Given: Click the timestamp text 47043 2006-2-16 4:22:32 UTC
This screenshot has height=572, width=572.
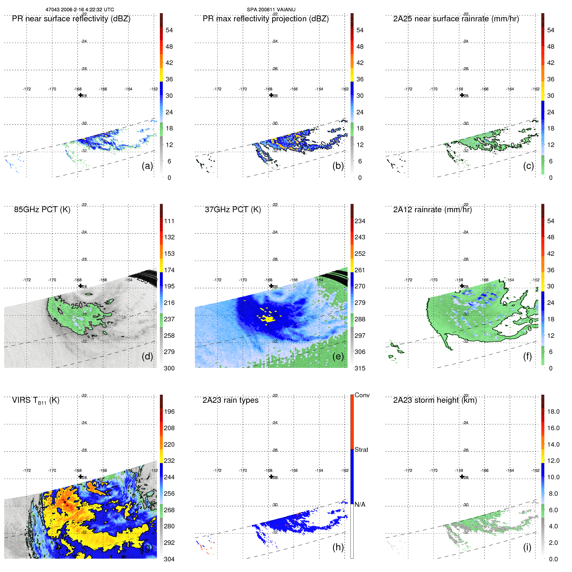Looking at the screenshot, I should (79, 10).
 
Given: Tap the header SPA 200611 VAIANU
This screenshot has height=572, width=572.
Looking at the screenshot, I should (271, 10).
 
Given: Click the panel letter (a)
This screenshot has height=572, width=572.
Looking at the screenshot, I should (147, 166).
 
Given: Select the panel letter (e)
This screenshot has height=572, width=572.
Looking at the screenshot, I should (338, 356).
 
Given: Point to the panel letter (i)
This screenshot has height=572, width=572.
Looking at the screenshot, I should (527, 547).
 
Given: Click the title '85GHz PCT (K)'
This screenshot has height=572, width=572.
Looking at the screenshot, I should (42, 210).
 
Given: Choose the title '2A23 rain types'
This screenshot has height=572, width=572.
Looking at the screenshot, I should (230, 400).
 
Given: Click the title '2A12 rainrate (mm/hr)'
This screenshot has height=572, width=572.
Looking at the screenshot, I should (432, 210).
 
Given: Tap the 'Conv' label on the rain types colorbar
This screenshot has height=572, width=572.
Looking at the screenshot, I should (362, 395).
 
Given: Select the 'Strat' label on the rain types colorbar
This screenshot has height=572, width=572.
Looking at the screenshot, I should (361, 450).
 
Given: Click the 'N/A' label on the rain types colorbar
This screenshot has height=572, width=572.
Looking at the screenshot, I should (360, 504).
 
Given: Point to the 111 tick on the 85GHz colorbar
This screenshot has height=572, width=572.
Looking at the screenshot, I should (169, 221).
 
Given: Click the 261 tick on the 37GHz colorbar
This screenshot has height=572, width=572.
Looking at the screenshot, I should (360, 270).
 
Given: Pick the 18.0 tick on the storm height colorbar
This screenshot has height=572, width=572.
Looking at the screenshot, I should (553, 411).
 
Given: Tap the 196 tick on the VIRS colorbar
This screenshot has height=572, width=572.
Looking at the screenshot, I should (169, 411).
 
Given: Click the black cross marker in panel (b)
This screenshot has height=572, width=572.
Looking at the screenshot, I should (271, 95).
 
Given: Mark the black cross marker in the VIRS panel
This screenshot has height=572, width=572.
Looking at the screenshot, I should (80, 476).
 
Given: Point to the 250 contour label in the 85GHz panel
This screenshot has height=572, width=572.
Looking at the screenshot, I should (77, 306).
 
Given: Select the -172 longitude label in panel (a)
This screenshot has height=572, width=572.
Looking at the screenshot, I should (26, 89).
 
